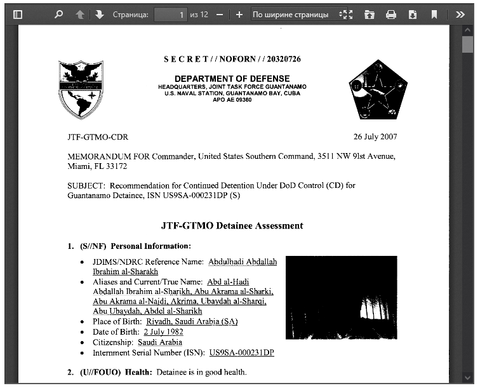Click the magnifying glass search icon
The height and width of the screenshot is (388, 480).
(59, 14)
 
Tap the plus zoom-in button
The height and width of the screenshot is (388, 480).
(239, 14)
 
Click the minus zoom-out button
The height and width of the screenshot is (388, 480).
(220, 14)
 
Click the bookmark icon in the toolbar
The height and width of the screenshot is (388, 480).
(434, 14)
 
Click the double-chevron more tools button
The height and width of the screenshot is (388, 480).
(462, 14)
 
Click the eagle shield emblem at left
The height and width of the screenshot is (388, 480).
(80, 90)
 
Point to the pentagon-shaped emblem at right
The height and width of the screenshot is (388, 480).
(377, 90)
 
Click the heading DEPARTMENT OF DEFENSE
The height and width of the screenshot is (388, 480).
(232, 79)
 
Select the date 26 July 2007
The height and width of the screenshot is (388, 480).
(375, 137)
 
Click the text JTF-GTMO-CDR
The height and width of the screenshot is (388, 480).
(97, 137)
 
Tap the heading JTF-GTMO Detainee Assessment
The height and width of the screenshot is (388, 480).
(232, 225)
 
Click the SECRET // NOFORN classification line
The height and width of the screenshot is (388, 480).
(232, 59)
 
